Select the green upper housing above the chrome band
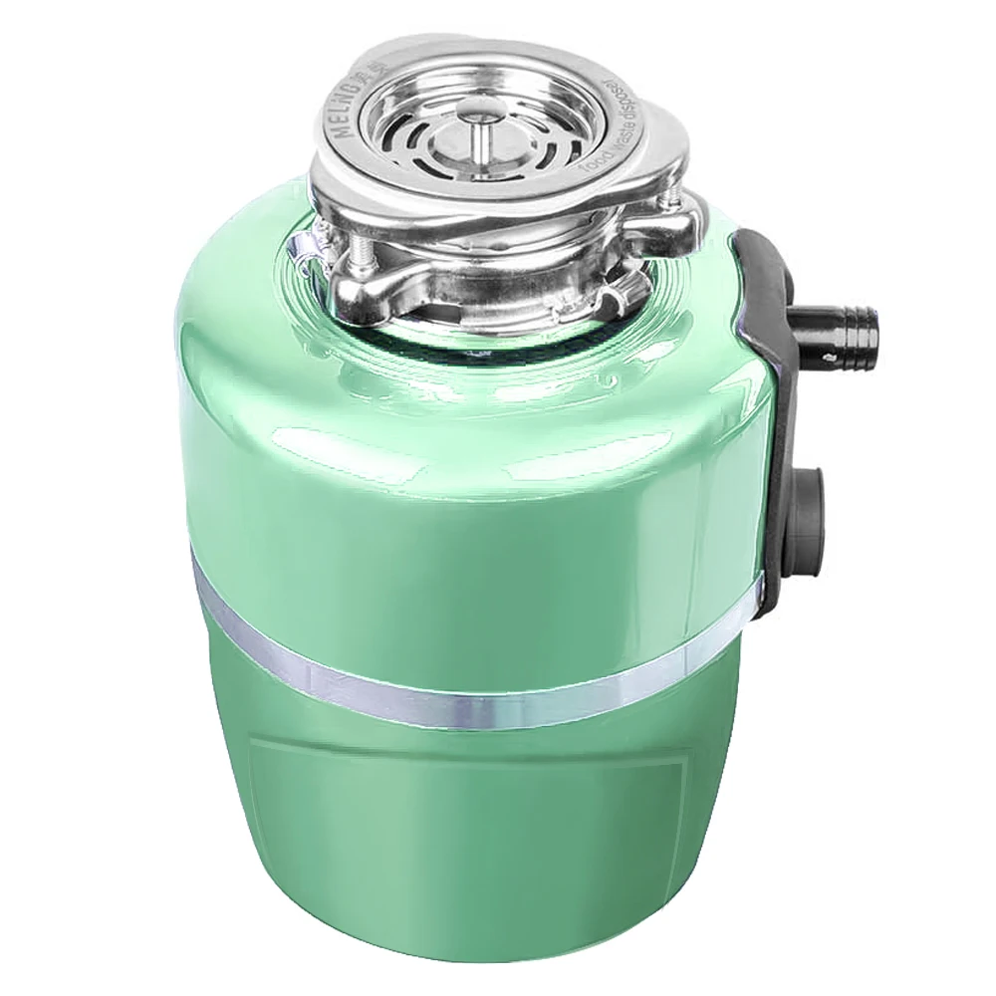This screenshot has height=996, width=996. [x=448, y=468]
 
